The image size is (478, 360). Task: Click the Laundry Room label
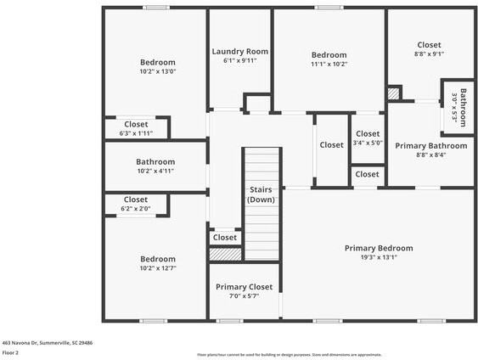pyautogui.click(x=239, y=52)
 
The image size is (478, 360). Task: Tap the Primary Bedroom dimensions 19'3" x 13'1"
pyautogui.click(x=379, y=257)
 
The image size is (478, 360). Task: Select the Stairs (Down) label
pyautogui.click(x=261, y=194)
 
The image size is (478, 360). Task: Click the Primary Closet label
pyautogui.click(x=244, y=287)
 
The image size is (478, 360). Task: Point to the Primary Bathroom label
pyautogui.click(x=430, y=145)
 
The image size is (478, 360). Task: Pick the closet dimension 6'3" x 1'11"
pyautogui.click(x=136, y=132)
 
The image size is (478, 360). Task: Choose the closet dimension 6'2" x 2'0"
pyautogui.click(x=136, y=208)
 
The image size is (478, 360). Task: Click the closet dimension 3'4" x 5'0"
pyautogui.click(x=368, y=143)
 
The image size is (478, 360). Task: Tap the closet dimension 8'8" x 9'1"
pyautogui.click(x=430, y=53)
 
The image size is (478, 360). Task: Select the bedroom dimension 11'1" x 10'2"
pyautogui.click(x=329, y=64)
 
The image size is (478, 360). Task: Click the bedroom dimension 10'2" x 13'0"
pyautogui.click(x=158, y=71)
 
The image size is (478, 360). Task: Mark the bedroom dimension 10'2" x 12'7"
pyautogui.click(x=158, y=268)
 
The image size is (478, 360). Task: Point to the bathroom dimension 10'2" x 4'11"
pyautogui.click(x=155, y=171)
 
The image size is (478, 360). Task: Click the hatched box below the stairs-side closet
pyautogui.click(x=226, y=253)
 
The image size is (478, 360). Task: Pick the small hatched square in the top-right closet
pyautogui.click(x=393, y=93)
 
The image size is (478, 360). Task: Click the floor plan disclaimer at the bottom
pyautogui.click(x=289, y=355)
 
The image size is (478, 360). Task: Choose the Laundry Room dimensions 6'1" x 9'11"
pyautogui.click(x=239, y=61)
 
